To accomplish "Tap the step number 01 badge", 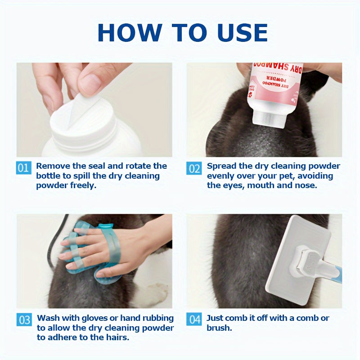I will [x=24, y=168].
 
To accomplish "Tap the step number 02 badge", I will [x=194, y=168].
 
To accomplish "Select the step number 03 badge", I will [x=24, y=319].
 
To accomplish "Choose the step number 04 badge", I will [x=194, y=319].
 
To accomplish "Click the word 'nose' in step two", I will [x=307, y=185].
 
